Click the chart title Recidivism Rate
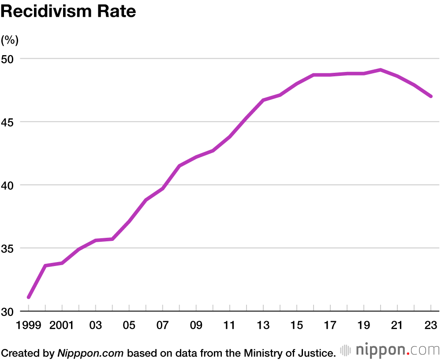click(x=68, y=11)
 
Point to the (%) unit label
click(x=10, y=41)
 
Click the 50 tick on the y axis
click(x=9, y=59)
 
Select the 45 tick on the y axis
click(x=9, y=122)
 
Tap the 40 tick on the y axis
click(x=9, y=185)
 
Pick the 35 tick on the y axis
click(x=9, y=248)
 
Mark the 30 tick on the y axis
click(x=9, y=311)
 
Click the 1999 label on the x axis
click(x=29, y=326)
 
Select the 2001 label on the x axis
click(x=62, y=326)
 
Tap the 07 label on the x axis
click(x=163, y=326)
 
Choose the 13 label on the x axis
click(x=263, y=326)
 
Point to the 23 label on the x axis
click(x=431, y=326)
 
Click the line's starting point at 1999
click(x=29, y=297)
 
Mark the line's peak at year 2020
click(x=381, y=70)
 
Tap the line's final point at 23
click(x=431, y=96)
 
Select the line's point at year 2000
click(x=45, y=266)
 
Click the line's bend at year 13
click(x=263, y=100)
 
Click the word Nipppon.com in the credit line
click(x=91, y=352)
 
